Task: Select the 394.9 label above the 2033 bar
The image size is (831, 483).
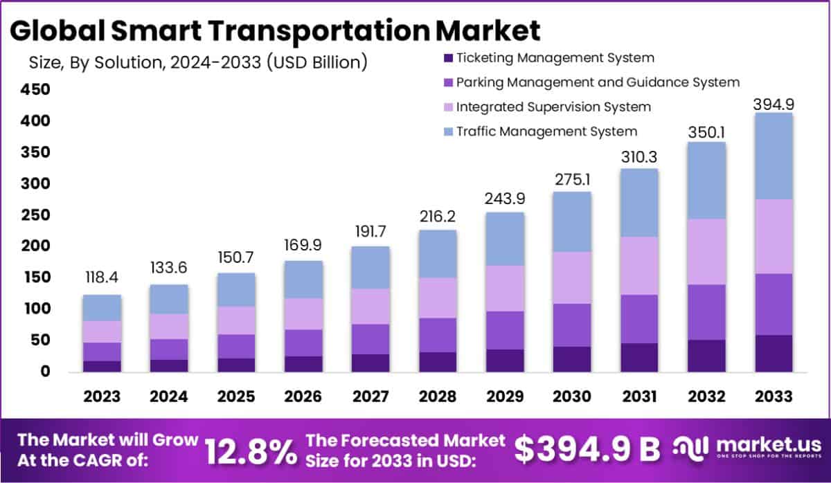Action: click(x=774, y=104)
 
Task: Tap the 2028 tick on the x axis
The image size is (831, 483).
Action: click(x=437, y=397)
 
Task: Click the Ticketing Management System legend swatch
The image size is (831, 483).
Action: click(x=447, y=59)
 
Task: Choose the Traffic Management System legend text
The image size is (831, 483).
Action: click(x=546, y=131)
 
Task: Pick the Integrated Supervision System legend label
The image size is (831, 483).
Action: click(x=553, y=107)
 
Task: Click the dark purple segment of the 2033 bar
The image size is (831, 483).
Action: click(x=774, y=354)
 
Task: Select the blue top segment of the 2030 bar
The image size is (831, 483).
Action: click(x=571, y=221)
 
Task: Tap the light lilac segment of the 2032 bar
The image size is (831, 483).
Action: click(x=706, y=252)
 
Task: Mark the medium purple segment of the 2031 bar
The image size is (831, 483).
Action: click(x=639, y=319)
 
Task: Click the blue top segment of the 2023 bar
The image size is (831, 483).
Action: click(x=102, y=308)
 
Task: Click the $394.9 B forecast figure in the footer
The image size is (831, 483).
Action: click(x=587, y=450)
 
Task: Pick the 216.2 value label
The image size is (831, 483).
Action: click(x=437, y=216)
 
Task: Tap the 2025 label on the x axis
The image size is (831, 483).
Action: click(x=236, y=397)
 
